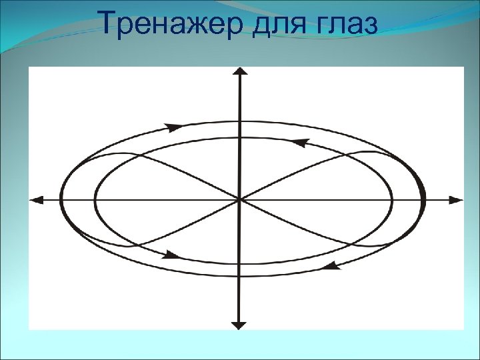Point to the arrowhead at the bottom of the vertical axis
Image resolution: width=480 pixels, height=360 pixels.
pos(239,325)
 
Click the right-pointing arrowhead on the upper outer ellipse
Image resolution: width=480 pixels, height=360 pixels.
pos(174,127)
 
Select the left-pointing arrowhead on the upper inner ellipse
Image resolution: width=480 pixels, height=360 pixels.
pos(301,142)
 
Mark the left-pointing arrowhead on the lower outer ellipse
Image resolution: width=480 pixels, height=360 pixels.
pos(331,265)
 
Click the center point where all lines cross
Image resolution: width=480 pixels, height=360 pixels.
pos(239,199)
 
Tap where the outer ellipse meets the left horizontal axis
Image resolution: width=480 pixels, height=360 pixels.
pos(61,199)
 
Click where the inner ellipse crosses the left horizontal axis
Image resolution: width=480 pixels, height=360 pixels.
pos(95,199)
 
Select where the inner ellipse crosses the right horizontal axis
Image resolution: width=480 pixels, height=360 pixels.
pos(391,199)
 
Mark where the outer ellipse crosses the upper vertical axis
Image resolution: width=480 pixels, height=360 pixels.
pos(239,121)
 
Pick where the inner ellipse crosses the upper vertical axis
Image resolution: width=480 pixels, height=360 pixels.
pos(239,137)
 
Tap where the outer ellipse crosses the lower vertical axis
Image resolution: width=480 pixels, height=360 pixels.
pos(239,275)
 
